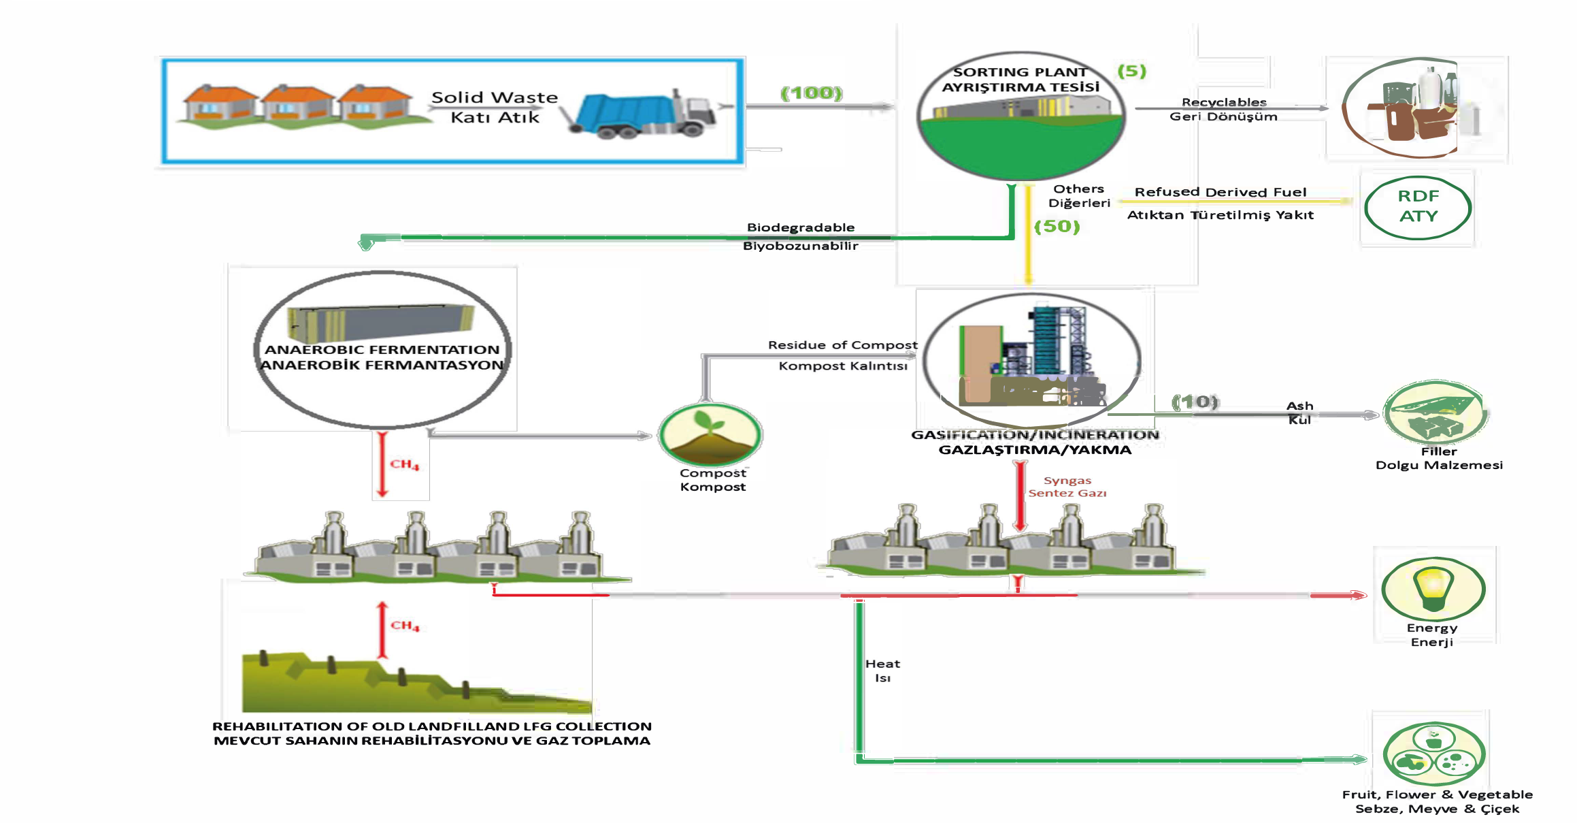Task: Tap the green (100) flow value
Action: [x=812, y=93]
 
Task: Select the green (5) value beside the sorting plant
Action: [x=1132, y=71]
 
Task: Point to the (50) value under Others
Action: [x=1057, y=226]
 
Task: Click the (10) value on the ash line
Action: [x=1195, y=402]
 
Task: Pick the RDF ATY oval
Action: [x=1418, y=207]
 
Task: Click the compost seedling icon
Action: [x=710, y=435]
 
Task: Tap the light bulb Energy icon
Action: [x=1433, y=588]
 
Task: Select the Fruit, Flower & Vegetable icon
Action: [x=1434, y=754]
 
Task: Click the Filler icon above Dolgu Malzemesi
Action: [x=1435, y=413]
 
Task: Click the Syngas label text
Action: [x=1067, y=481]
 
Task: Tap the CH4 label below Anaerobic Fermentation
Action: [x=404, y=464]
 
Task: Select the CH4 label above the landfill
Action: [x=405, y=626]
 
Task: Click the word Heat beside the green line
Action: [x=882, y=664]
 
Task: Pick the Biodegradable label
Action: [x=801, y=227]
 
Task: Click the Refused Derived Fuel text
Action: [x=1221, y=192]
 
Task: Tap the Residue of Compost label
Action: [x=843, y=345]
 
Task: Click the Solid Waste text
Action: [x=495, y=97]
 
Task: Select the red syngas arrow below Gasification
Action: [x=1020, y=496]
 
